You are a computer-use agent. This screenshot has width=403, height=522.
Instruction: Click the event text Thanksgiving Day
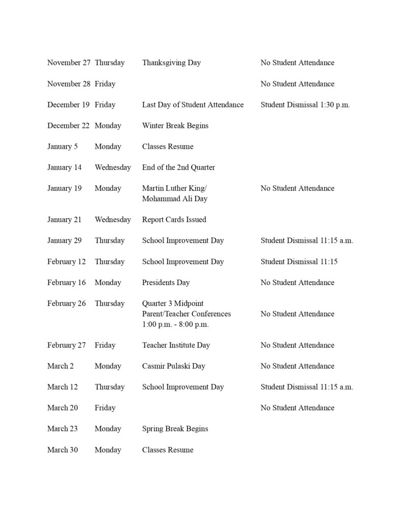(171, 63)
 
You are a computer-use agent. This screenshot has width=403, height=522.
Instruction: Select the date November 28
(69, 84)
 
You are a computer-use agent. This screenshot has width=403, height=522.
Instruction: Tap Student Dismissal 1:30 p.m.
(305, 105)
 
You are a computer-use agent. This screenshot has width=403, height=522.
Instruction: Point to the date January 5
(63, 146)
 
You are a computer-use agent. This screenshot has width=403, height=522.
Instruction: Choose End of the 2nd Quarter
(178, 167)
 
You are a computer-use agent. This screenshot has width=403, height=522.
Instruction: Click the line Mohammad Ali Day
(174, 199)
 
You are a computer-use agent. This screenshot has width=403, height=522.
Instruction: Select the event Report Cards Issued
(174, 220)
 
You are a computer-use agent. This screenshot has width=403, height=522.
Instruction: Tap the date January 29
(64, 241)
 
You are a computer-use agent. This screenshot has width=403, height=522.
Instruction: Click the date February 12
(66, 262)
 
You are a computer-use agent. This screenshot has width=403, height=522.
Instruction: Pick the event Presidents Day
(166, 282)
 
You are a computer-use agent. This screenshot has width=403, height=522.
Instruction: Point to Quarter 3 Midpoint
(173, 303)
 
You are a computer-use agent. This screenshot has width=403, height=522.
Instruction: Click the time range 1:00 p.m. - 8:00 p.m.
(175, 324)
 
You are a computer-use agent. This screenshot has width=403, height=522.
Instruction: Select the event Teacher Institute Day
(176, 345)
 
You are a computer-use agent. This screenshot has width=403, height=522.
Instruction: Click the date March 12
(63, 387)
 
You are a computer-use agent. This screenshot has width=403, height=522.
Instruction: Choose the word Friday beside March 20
(105, 408)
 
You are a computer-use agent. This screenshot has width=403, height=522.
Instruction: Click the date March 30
(63, 450)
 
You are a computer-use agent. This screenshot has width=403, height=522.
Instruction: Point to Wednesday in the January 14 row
(113, 167)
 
